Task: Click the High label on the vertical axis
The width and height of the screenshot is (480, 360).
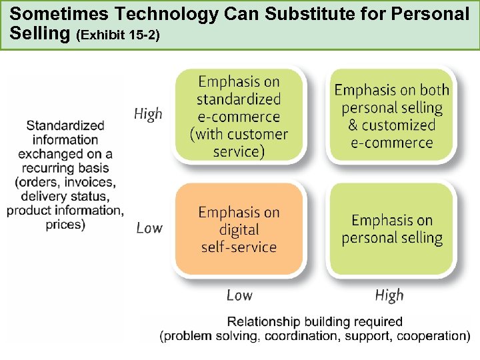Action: pos(148,114)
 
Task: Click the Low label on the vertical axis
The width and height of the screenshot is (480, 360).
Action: pos(149,228)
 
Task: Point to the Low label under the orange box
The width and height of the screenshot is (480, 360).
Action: pos(239,295)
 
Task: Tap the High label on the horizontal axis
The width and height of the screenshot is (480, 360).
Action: pos(389,295)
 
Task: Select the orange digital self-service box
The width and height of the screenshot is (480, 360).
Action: pos(239,229)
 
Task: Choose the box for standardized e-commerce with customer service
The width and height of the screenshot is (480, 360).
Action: pos(239,116)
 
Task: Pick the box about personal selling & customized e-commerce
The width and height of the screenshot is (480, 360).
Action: pos(392,116)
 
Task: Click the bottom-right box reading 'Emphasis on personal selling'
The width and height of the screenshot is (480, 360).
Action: pos(392,229)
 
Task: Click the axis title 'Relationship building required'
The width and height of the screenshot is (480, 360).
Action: pos(315,322)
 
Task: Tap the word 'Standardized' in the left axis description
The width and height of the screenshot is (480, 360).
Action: pos(65,125)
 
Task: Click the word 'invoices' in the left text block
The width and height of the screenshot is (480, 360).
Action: pos(91,182)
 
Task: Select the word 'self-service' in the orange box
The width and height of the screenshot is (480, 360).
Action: pos(239,247)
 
